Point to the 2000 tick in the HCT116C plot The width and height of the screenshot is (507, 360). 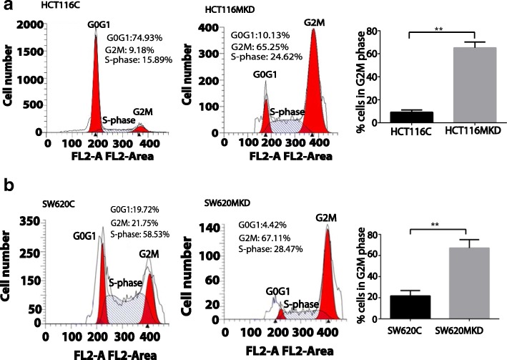tap(31, 26)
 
